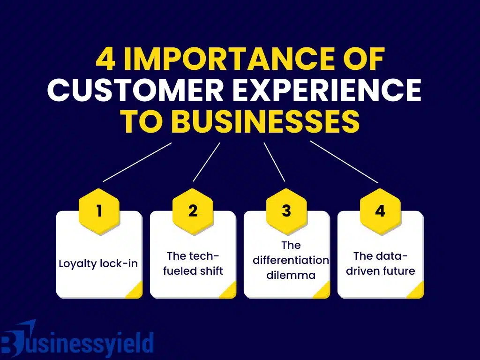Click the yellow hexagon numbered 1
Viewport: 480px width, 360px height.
point(99,211)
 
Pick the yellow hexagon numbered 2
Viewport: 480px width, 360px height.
point(193,211)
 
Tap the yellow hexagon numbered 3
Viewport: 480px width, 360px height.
point(286,211)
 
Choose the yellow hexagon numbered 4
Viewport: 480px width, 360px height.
point(380,211)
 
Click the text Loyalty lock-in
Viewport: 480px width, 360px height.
point(98,263)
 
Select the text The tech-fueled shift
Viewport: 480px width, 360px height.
point(193,263)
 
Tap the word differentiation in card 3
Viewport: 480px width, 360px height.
point(291,260)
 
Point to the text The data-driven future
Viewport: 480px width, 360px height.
point(380,263)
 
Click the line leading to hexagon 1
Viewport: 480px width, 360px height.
point(137,162)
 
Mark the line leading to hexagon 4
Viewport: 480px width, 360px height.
point(344,162)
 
